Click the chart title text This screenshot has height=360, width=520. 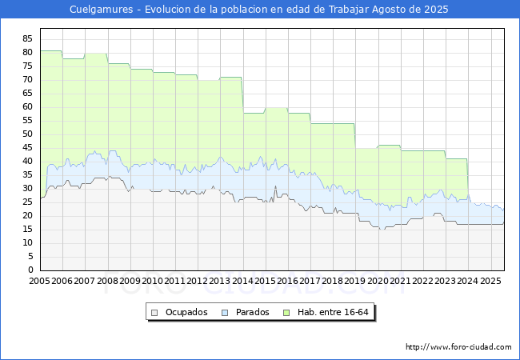click(259, 10)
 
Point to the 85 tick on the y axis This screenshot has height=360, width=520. click(27, 38)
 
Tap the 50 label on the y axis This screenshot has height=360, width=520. click(27, 134)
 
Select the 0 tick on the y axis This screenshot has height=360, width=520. click(30, 270)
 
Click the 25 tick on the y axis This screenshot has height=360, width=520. click(27, 202)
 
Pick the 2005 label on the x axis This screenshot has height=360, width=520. click(40, 282)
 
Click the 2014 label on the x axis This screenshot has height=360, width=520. click(243, 282)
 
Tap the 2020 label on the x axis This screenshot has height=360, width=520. click(378, 282)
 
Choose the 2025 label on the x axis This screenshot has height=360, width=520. click(490, 282)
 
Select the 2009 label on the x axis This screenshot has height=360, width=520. click(130, 282)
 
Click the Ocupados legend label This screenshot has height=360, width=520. click(186, 312)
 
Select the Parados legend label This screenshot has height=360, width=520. click(253, 312)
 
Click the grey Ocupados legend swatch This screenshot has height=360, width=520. click(155, 312)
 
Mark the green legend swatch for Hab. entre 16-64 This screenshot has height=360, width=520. click(292, 312)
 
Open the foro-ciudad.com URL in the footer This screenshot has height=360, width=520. click(458, 347)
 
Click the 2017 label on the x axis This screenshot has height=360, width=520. click(310, 282)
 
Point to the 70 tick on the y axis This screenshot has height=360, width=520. click(27, 79)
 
